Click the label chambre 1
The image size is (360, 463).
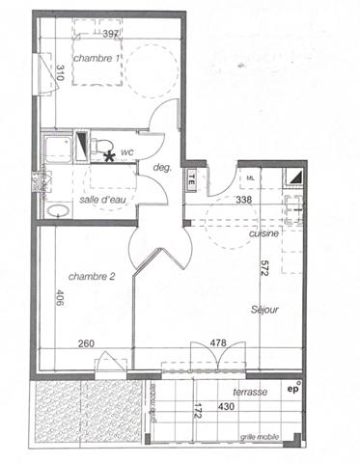[96, 59]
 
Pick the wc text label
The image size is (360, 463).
[127, 150]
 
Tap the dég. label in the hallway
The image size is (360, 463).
[163, 169]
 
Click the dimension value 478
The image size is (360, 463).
[218, 342]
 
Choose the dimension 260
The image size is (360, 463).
[87, 342]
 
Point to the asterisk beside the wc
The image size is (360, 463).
[110, 154]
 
